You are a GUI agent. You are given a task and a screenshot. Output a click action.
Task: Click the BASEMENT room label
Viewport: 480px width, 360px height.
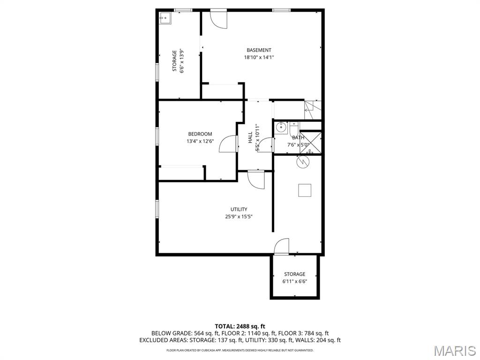click(x=259, y=50)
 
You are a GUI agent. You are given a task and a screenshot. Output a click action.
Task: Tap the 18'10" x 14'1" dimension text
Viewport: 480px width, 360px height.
click(x=259, y=57)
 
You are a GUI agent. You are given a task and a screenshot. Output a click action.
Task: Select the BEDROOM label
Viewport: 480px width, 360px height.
click(x=200, y=134)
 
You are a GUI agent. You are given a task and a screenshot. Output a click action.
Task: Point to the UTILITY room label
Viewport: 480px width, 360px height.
click(x=239, y=210)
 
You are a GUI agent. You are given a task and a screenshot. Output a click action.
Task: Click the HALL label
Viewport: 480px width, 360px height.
click(x=250, y=138)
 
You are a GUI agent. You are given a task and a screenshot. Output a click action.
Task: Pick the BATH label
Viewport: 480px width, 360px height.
click(x=298, y=138)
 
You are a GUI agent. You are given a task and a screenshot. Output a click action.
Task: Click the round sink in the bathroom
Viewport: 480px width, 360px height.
click(x=281, y=127)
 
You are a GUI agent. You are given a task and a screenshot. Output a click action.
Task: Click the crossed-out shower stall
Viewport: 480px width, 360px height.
click(x=310, y=142)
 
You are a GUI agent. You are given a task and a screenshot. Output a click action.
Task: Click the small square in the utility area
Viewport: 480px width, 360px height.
click(x=305, y=190)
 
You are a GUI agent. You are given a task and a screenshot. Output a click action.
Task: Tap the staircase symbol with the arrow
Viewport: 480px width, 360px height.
click(x=313, y=110)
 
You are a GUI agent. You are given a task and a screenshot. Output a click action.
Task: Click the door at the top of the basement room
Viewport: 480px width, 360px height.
click(x=218, y=19)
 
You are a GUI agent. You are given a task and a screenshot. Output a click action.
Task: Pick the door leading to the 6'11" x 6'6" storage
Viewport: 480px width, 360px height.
click(x=282, y=247)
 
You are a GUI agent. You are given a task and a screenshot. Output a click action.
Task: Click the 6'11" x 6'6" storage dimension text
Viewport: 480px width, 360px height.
click(x=294, y=281)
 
